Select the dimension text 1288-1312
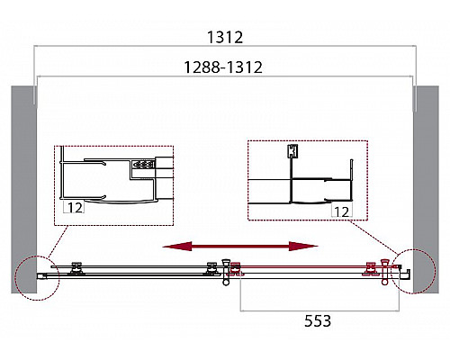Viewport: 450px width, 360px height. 224,67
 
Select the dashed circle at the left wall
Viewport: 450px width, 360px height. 37,274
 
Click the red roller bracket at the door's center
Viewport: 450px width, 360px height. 237,268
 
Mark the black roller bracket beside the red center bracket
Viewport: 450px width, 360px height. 214,268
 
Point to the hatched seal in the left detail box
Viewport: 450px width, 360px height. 141,166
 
